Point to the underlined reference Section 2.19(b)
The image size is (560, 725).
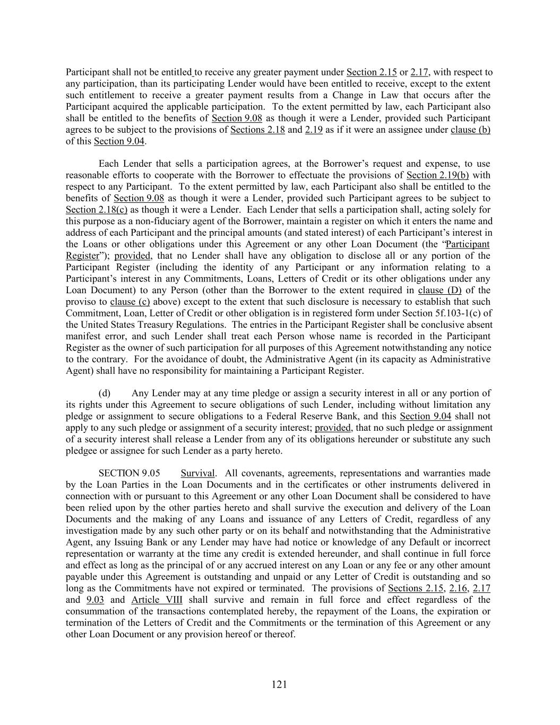coord(437,175)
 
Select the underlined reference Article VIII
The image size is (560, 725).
coord(157,600)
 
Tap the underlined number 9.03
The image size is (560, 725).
coord(95,600)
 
